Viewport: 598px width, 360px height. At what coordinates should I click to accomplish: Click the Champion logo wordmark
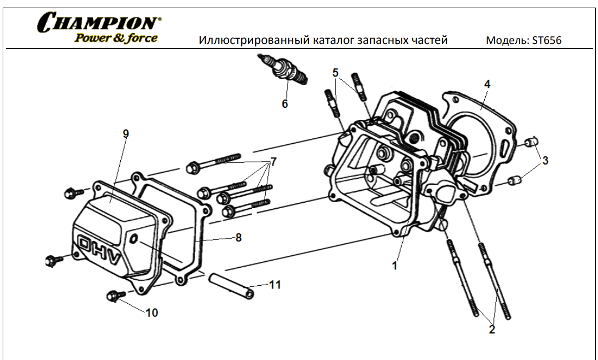coord(98,23)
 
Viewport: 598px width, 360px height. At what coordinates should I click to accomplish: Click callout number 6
coord(285,104)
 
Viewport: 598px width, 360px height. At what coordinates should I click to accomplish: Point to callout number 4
coord(487,84)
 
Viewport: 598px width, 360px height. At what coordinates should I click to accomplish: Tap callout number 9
coord(126,133)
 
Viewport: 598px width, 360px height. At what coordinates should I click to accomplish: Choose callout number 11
coord(275,285)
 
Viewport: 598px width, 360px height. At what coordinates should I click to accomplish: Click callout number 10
coord(152,313)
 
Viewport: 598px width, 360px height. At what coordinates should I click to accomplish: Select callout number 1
coord(395,266)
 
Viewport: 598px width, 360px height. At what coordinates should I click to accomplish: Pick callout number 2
coord(492,328)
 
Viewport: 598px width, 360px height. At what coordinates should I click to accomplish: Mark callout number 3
coord(545,160)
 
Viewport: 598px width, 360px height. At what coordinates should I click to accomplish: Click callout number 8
coord(238,237)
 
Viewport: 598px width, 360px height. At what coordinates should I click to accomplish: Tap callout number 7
coord(273,162)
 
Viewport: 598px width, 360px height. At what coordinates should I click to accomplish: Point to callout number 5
coord(336,72)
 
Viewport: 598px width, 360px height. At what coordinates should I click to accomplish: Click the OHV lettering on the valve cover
coord(98,250)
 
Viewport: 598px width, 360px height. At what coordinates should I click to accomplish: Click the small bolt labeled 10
coord(114,296)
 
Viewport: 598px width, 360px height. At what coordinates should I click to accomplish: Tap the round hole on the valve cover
coord(133,240)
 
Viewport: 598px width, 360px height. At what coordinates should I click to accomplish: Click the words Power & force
coord(116,38)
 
